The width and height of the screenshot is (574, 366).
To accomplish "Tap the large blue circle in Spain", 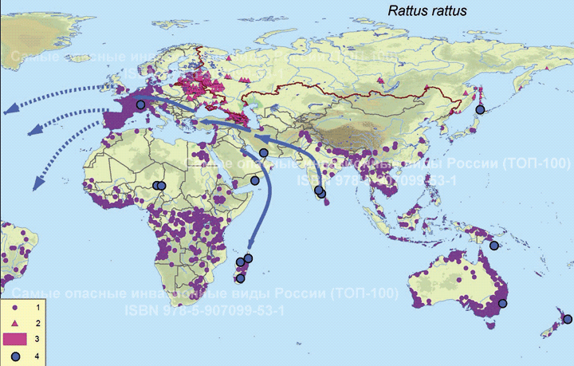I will [x=140, y=104].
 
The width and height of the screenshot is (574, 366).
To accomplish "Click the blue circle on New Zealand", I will [x=567, y=319].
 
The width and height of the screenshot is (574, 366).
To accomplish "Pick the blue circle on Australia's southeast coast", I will [x=503, y=303].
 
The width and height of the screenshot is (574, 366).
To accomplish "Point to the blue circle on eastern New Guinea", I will [x=494, y=246].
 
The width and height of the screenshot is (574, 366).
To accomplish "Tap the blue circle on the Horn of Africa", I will [x=255, y=182].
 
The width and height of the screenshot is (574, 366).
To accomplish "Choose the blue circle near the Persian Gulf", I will [x=264, y=153].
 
